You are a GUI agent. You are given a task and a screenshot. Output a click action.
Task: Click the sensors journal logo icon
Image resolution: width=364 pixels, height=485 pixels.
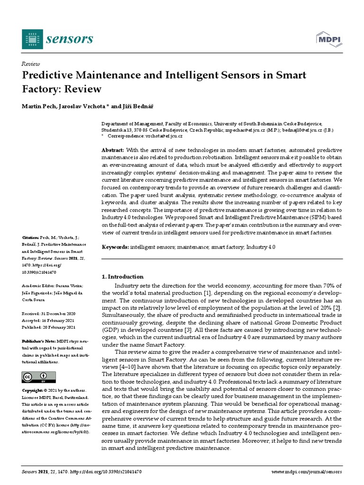coord(32,39)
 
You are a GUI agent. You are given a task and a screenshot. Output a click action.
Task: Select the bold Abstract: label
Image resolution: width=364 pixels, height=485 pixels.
coord(114,150)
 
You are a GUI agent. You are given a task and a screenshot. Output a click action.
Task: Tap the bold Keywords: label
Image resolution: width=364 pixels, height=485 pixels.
coord(115,247)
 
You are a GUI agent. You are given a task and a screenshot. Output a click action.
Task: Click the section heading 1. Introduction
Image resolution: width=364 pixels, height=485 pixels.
coord(123,277)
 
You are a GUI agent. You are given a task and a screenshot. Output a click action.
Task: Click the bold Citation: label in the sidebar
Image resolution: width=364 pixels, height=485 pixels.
coord(31,237)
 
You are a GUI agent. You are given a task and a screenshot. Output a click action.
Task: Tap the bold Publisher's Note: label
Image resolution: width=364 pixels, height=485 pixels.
coord(38,341)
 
